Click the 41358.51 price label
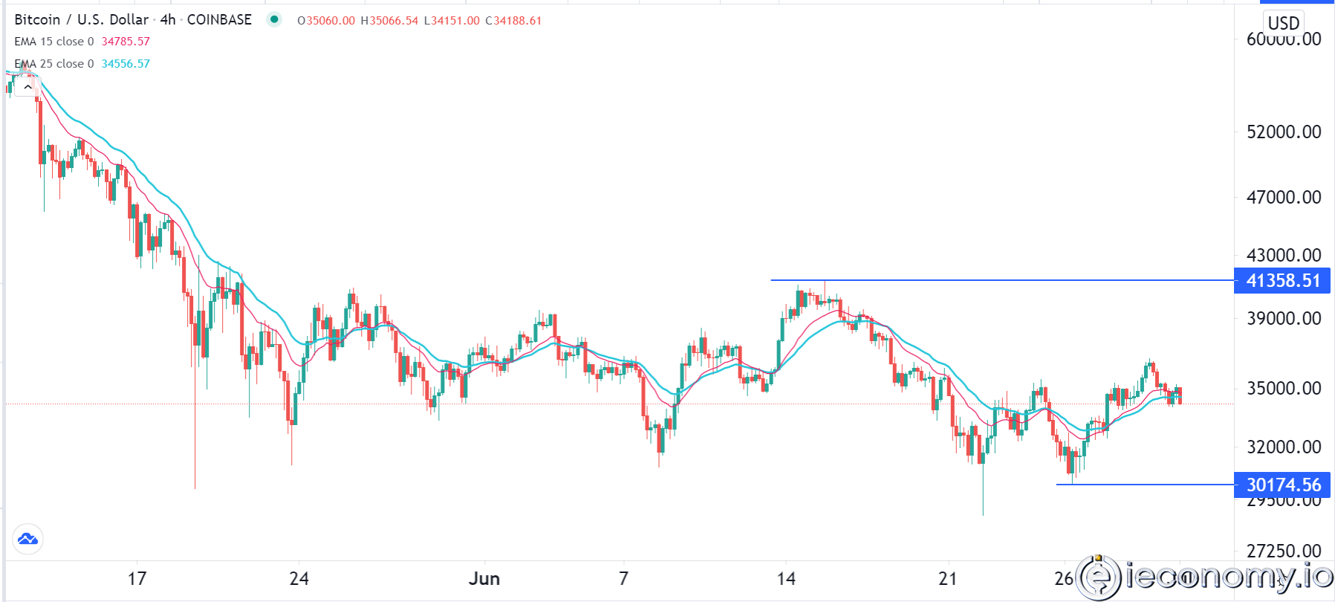pyautogui.click(x=1282, y=281)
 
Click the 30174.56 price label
pyautogui.click(x=1282, y=485)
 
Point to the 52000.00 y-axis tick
pyautogui.click(x=1284, y=132)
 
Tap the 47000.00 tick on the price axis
pyautogui.click(x=1284, y=197)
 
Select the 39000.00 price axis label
pyautogui.click(x=1284, y=318)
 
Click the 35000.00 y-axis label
pyautogui.click(x=1284, y=388)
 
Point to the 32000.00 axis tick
pyautogui.click(x=1284, y=447)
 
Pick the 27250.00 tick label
pyautogui.click(x=1284, y=551)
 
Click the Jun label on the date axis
pyautogui.click(x=484, y=579)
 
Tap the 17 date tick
pyautogui.click(x=137, y=579)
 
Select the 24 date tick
pyautogui.click(x=299, y=579)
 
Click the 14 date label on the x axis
pyautogui.click(x=786, y=579)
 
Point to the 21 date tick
pyautogui.click(x=948, y=579)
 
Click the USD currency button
pyautogui.click(x=1283, y=23)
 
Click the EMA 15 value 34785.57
pyautogui.click(x=126, y=42)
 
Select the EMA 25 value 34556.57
pyautogui.click(x=126, y=64)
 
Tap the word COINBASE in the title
pyautogui.click(x=219, y=20)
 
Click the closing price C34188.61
pyautogui.click(x=513, y=21)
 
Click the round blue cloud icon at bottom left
pyautogui.click(x=28, y=539)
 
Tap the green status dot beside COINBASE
pyautogui.click(x=274, y=19)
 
